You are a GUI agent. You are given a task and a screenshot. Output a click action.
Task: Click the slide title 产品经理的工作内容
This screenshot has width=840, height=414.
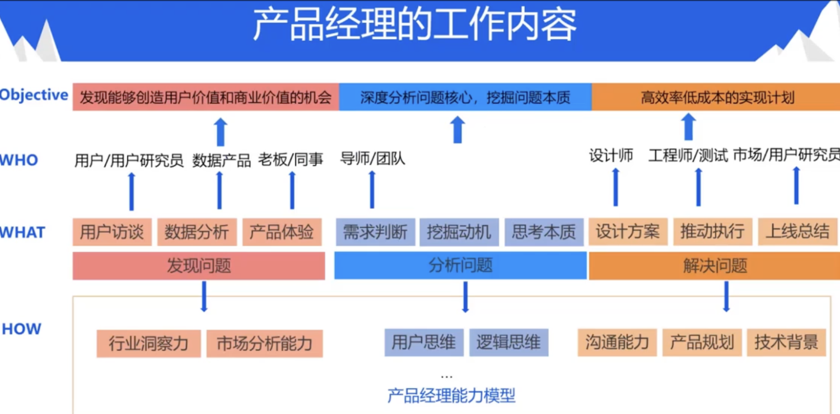click(x=414, y=25)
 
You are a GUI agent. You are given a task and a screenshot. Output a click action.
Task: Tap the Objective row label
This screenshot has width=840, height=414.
click(x=34, y=95)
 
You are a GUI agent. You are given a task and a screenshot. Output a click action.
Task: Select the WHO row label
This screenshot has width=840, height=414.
click(x=19, y=161)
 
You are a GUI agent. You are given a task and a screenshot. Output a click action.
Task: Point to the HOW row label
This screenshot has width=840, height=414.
click(x=21, y=329)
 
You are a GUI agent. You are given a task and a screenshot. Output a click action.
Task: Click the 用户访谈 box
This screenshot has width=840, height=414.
click(x=112, y=232)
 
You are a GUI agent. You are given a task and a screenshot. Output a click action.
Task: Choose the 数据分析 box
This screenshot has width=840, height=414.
click(x=197, y=232)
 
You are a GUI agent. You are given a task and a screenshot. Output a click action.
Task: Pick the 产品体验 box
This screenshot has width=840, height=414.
click(x=282, y=232)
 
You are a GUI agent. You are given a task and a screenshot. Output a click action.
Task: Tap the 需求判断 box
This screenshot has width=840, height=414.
click(x=375, y=232)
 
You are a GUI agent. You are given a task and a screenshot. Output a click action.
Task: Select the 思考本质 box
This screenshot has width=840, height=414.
click(x=544, y=232)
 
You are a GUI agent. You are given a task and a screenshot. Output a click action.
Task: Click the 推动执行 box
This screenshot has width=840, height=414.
click(x=712, y=232)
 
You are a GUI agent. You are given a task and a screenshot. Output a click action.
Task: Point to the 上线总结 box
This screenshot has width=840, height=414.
click(x=797, y=232)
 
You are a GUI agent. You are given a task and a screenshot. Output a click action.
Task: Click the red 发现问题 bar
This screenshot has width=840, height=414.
click(x=199, y=266)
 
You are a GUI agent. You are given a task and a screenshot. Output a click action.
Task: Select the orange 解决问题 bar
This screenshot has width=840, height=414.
click(x=715, y=266)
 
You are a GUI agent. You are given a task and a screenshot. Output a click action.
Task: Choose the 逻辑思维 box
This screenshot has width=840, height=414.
click(x=508, y=342)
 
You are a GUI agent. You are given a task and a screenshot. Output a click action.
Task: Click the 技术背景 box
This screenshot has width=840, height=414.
click(x=786, y=342)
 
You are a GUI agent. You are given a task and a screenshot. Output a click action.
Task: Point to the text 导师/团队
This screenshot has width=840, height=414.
click(x=372, y=159)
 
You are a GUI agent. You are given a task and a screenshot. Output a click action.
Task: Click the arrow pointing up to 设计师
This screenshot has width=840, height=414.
click(x=615, y=187)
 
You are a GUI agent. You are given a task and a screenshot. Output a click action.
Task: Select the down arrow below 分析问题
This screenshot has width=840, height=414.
click(x=465, y=297)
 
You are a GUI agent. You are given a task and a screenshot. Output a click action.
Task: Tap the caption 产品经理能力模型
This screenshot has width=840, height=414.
click(x=451, y=396)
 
